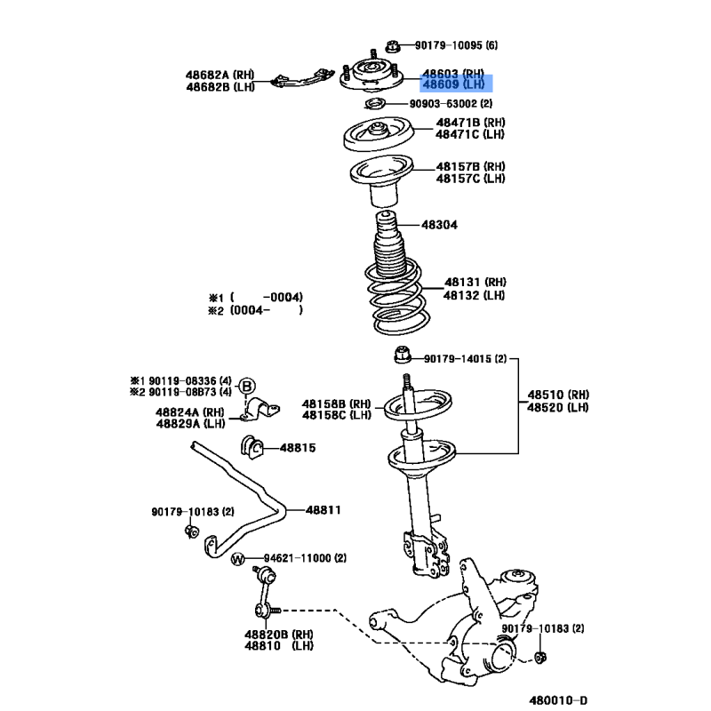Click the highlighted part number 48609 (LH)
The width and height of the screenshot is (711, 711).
[x=453, y=84]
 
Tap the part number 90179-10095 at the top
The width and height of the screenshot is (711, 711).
[x=449, y=45]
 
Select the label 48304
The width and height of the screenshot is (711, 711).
[x=439, y=225]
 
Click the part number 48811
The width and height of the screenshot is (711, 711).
[x=323, y=510]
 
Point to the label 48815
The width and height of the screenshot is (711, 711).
[x=298, y=448]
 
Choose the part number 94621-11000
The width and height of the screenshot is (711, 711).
[x=298, y=558]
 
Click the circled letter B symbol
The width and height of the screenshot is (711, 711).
[x=247, y=387]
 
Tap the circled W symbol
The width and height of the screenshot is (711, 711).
[x=237, y=559]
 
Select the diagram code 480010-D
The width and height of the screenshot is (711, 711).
[x=558, y=700]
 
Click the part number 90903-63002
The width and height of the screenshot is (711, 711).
[x=443, y=104]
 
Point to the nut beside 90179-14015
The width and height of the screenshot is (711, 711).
[x=403, y=355]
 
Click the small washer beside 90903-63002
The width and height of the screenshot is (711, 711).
[x=375, y=104]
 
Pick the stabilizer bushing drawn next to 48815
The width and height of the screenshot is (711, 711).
[x=252, y=447]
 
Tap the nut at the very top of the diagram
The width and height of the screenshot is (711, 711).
[x=393, y=46]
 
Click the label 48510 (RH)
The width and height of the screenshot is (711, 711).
[x=558, y=395]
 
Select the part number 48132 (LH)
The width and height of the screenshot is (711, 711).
[x=474, y=296]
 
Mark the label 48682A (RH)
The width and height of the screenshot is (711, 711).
[x=220, y=75]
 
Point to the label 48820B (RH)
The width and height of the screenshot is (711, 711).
[x=279, y=635]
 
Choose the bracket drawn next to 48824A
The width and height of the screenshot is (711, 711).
[x=260, y=409]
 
